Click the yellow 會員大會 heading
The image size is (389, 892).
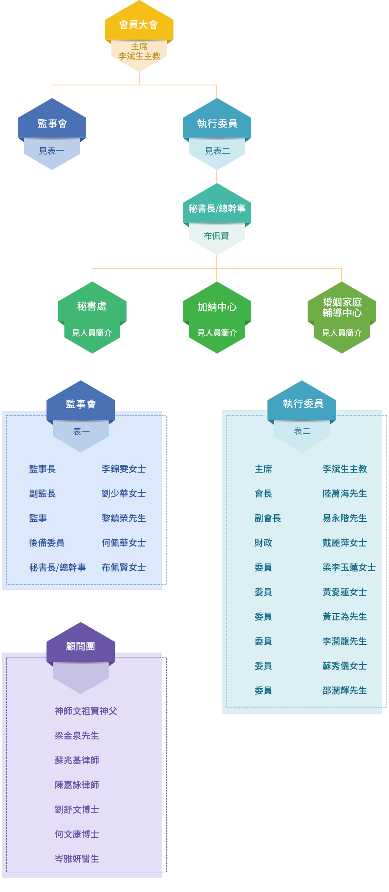click(139, 25)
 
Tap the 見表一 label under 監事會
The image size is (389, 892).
click(52, 151)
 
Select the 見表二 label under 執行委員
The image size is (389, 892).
click(217, 151)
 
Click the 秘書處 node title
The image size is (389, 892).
click(92, 307)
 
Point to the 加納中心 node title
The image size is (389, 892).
click(217, 307)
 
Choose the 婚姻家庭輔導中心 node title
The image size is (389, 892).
click(342, 307)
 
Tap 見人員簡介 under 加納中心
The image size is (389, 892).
click(217, 333)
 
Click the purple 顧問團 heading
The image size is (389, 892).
click(80, 646)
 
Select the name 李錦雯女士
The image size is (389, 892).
click(124, 469)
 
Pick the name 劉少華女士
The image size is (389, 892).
click(124, 494)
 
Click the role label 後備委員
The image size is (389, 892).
click(47, 543)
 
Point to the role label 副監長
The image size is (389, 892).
click(42, 494)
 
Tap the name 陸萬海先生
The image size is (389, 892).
click(345, 494)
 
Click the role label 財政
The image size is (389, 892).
click(263, 543)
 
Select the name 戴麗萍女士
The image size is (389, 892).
click(345, 543)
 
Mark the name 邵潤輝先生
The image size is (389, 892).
click(345, 691)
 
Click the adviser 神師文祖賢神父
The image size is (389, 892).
click(86, 711)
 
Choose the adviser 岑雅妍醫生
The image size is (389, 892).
click(77, 859)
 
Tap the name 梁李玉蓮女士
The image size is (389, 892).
click(349, 568)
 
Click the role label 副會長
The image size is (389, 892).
click(268, 518)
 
